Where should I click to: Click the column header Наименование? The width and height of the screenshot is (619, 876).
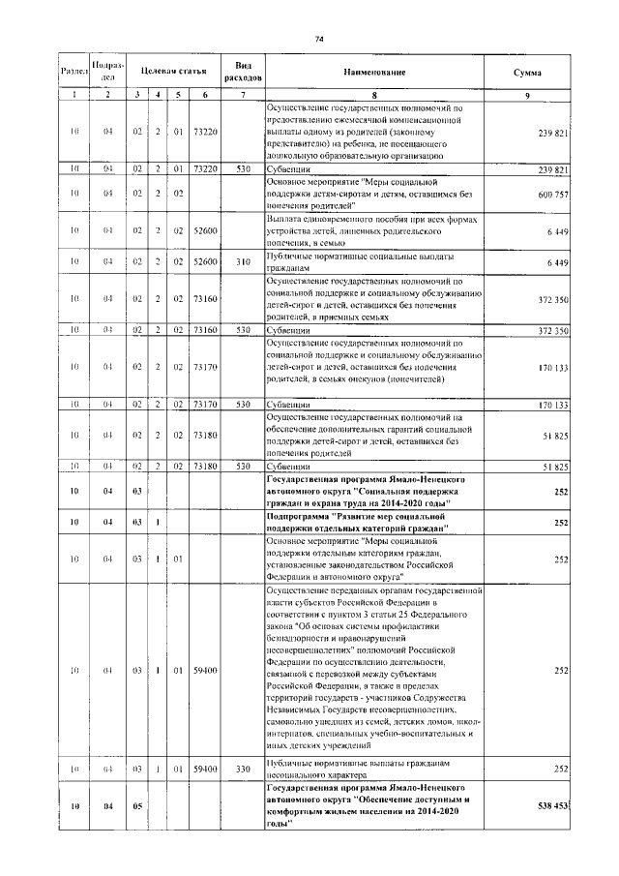(372, 73)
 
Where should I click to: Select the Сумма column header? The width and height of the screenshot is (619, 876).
(527, 73)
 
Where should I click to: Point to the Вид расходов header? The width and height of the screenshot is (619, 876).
(243, 73)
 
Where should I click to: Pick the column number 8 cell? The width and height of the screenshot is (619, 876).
(372, 94)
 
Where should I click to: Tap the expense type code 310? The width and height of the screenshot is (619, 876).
(243, 262)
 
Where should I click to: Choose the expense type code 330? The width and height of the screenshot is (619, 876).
(243, 768)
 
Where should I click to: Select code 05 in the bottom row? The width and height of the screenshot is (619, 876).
(137, 809)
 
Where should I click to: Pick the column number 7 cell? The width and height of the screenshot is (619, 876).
(243, 94)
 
